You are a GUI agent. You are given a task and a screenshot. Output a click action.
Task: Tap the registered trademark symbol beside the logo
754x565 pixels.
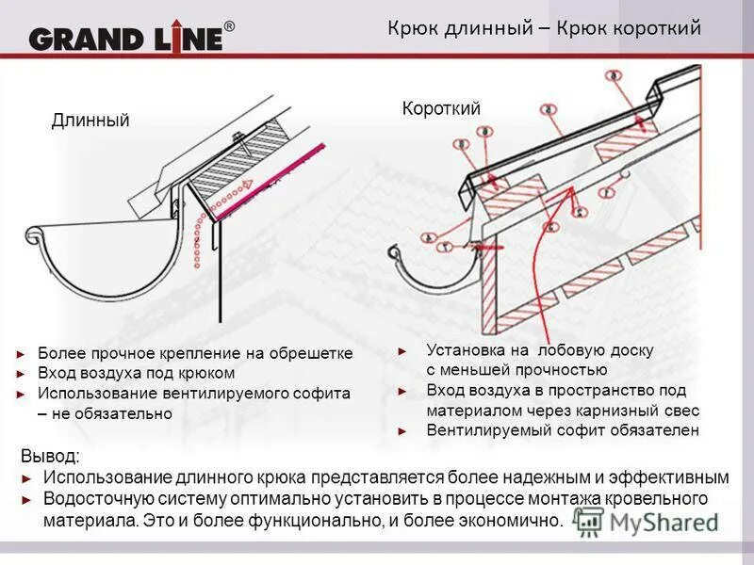click(229, 27)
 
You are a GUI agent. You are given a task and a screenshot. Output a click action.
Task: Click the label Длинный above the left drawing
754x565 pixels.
click(90, 121)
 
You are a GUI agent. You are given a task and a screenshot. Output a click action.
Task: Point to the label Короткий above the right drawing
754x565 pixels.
click(441, 109)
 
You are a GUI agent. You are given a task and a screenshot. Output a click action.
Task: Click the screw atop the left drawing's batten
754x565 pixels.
click(241, 141)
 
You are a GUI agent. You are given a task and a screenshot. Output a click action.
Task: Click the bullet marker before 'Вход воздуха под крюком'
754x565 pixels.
click(22, 374)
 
